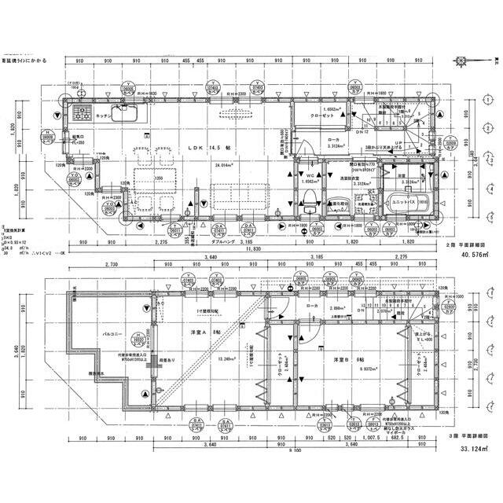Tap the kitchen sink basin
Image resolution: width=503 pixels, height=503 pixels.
point(126,116)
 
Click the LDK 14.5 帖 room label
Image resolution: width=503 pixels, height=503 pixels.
point(206,147)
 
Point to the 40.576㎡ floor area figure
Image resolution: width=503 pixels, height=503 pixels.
point(476,255)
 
